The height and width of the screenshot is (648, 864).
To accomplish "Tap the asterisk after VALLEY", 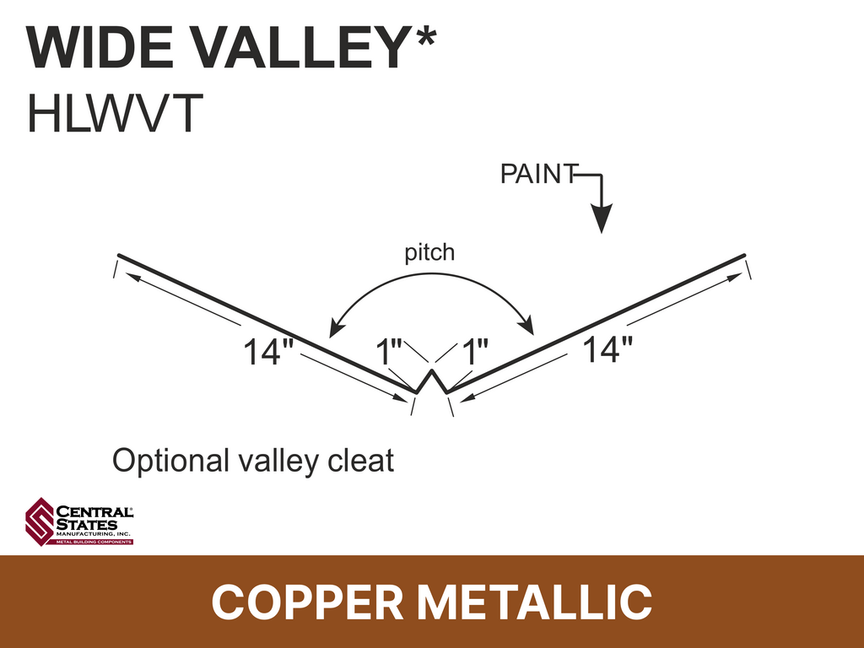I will click(424, 38).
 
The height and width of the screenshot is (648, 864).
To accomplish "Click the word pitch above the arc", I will click(429, 253).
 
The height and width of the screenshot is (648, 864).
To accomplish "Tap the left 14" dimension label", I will click(268, 352).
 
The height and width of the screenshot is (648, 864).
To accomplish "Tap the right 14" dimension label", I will click(607, 349).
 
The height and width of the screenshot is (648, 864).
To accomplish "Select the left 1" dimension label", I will click(388, 352).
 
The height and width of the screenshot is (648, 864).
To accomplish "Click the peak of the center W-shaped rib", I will click(432, 370).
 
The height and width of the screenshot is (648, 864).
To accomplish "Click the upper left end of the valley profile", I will click(120, 255).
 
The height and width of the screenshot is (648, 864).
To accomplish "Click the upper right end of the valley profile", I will click(744, 255).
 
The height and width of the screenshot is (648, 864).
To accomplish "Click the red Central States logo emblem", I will click(40, 521).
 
